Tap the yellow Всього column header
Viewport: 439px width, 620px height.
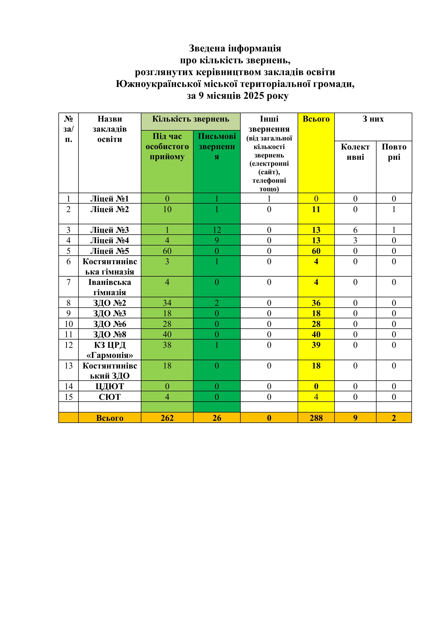pos(316,119)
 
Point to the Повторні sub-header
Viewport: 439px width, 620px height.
pos(394,152)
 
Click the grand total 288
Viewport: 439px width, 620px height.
pos(316,418)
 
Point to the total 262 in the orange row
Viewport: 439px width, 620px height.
pos(167,418)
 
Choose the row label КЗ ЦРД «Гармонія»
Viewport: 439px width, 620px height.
pos(110,350)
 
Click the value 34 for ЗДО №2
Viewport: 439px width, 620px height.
pos(167,303)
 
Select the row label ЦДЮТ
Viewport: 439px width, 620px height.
pos(110,386)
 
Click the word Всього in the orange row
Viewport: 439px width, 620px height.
pos(110,418)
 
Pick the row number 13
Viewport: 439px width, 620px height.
pos(69,366)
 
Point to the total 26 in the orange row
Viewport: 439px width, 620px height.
pos(217,418)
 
